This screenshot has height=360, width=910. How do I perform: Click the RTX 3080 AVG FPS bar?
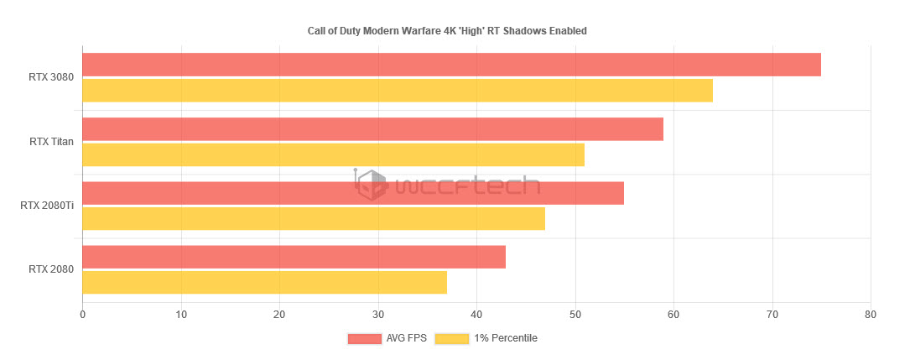coord(451,65)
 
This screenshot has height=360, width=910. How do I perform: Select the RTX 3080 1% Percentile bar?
coord(398,91)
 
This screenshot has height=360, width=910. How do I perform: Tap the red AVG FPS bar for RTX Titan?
coord(372,129)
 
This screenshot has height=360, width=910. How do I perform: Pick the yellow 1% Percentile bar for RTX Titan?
coord(333,155)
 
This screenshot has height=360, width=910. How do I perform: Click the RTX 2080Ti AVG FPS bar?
coord(353,193)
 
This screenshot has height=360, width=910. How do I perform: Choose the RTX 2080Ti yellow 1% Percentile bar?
coord(314,219)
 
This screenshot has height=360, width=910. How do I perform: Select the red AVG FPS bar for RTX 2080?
coord(294,257)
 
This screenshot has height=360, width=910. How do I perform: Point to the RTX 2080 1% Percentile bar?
coord(264,283)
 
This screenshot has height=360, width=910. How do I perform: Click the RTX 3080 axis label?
coord(51,77)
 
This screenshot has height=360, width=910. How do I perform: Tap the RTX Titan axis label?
coord(51,142)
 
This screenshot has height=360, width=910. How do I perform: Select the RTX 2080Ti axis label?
coord(47,206)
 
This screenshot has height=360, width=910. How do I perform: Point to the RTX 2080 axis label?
coord(51,269)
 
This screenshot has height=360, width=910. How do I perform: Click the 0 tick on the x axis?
coord(82,315)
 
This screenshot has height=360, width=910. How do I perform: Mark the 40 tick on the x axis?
coord(476,315)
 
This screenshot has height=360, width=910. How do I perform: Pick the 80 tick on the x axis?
coord(871,315)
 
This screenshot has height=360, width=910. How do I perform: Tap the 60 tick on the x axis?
coord(673,315)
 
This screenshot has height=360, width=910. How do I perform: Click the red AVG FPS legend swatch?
coord(364,338)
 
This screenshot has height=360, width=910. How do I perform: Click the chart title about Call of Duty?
coord(447,31)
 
